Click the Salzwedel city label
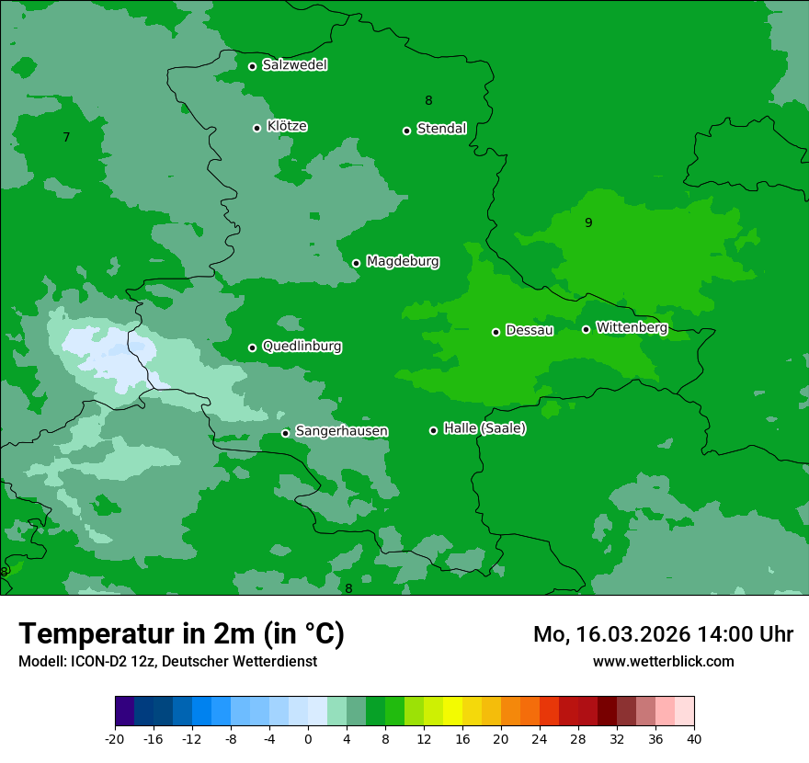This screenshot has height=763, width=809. [x=294, y=65]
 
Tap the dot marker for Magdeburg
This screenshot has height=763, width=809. [x=357, y=263]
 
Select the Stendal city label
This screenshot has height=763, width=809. [x=441, y=129]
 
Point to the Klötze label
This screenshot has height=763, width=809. [x=287, y=126]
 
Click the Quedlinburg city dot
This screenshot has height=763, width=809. [x=252, y=347]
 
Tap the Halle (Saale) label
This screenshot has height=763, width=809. [x=484, y=428]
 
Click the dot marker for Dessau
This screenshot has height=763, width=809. [x=496, y=332]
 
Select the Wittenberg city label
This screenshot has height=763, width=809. [x=632, y=327]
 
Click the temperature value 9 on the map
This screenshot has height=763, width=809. [x=588, y=222]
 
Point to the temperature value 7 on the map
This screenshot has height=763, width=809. [x=66, y=138]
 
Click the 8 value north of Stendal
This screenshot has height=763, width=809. [x=428, y=100]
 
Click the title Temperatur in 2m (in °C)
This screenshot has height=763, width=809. [x=181, y=634]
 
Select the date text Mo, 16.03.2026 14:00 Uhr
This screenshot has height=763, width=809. [x=663, y=634]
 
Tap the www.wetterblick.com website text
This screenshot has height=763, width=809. [x=663, y=661]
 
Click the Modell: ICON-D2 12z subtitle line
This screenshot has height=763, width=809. [x=167, y=661]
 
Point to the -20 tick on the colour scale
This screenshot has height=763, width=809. [x=115, y=738]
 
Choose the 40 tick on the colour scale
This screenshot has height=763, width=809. [x=694, y=738]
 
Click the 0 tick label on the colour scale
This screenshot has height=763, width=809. [x=308, y=738]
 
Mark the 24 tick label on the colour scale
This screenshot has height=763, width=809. [x=540, y=738]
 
